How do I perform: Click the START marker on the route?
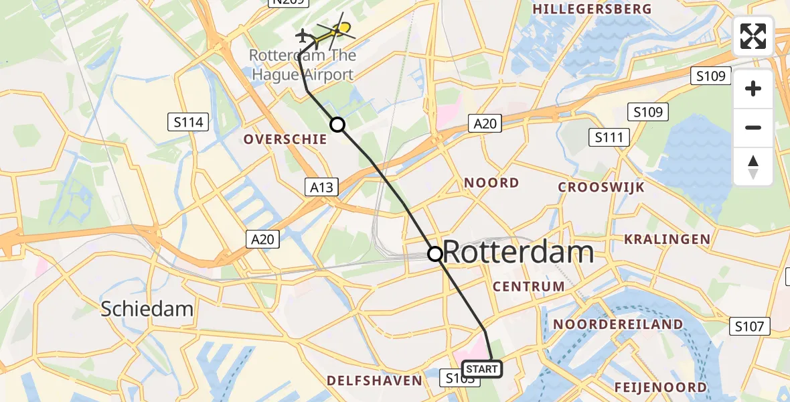pyautogui.click(x=481, y=368)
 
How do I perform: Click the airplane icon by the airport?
pyautogui.click(x=304, y=35)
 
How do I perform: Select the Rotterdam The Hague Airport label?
pyautogui.click(x=302, y=65)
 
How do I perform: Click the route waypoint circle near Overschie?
pyautogui.click(x=337, y=124)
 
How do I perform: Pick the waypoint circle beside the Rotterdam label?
pyautogui.click(x=435, y=253)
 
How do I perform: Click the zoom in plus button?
pyautogui.click(x=753, y=88)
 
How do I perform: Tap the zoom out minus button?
pyautogui.click(x=753, y=127)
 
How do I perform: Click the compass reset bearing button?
pyautogui.click(x=753, y=166)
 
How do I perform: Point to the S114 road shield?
pyautogui.click(x=188, y=122)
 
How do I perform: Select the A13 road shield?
pyautogui.click(x=321, y=187)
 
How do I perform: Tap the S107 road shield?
pyautogui.click(x=749, y=326)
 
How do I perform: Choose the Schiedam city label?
pyautogui.click(x=147, y=309)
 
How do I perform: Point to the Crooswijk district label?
pyautogui.click(x=601, y=188)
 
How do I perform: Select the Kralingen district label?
pyautogui.click(x=667, y=239)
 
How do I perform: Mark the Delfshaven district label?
pyautogui.click(x=374, y=381)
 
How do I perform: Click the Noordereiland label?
pyautogui.click(x=618, y=324)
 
